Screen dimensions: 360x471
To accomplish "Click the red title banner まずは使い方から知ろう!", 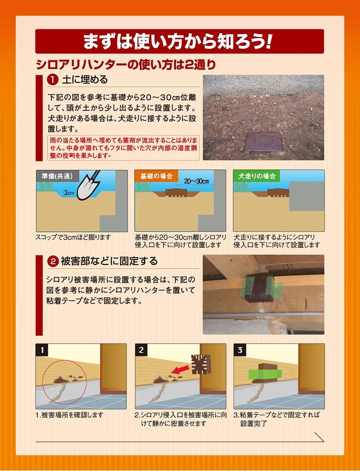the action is [x=180, y=41].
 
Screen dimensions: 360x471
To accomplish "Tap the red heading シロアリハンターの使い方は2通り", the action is [x=126, y=64].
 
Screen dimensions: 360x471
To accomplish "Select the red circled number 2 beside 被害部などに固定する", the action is [x=53, y=261].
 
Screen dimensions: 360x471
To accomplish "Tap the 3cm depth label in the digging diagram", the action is [x=69, y=193].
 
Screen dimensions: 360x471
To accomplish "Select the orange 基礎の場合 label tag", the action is [x=156, y=176].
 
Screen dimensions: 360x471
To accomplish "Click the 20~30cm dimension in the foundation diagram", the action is [x=196, y=181].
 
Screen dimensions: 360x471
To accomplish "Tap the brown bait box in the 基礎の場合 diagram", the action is [x=176, y=193].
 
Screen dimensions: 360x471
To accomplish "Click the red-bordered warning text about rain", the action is [x=123, y=148].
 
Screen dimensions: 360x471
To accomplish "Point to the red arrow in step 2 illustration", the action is [x=180, y=369].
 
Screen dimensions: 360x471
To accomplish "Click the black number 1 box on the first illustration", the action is [x=42, y=350].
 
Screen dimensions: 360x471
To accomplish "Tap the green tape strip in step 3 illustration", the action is [x=265, y=374].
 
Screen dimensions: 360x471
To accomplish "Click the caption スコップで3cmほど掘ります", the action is [x=73, y=237].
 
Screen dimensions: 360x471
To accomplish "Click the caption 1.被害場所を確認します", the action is [x=69, y=415].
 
